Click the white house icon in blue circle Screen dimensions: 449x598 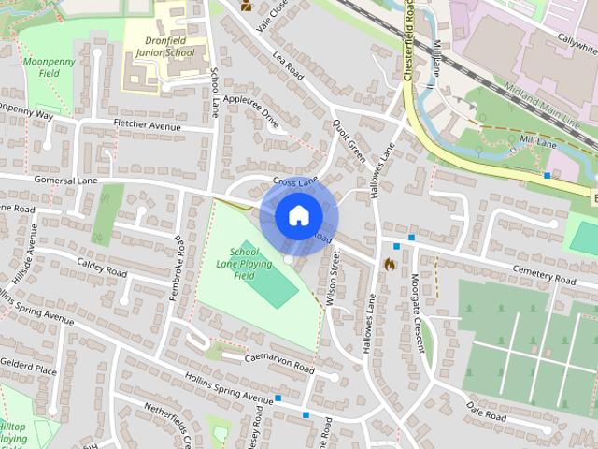click(298, 216)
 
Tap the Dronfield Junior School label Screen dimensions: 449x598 click(165, 47)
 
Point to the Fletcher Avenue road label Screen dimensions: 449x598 click(146, 125)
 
